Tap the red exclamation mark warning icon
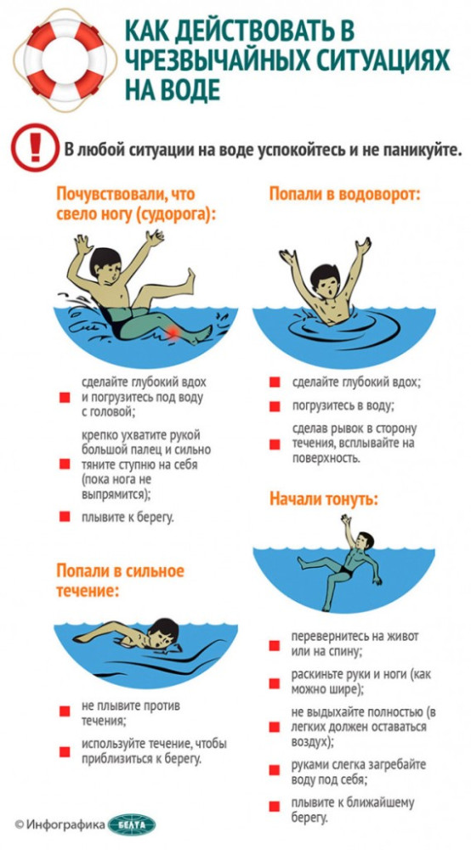(35, 147)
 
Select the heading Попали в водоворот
(344, 194)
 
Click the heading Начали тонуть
(324, 499)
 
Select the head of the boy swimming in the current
(164, 632)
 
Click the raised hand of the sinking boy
(345, 520)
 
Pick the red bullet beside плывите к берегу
(65, 517)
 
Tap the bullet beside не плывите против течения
(65, 711)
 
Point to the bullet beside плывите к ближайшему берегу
(275, 806)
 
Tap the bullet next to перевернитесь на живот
(275, 645)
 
